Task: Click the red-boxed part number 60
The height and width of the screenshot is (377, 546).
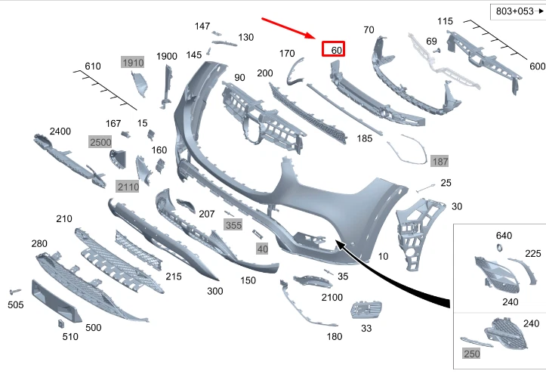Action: coord(334,50)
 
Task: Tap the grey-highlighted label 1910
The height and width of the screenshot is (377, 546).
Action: coord(132,63)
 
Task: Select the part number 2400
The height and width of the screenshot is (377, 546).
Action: coord(60,131)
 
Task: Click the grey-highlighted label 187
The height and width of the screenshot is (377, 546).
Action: coord(440,162)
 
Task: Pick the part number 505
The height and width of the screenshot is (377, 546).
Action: coord(15,305)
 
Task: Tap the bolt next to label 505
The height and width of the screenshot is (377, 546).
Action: coord(14,291)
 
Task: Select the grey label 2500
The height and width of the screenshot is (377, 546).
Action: coord(100,142)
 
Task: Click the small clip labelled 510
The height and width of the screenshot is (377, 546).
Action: coord(62,323)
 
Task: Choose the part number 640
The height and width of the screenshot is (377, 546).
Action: coord(504,235)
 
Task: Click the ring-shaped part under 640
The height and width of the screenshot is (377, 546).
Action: coord(499,249)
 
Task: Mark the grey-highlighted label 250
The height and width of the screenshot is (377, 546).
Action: coord(470,354)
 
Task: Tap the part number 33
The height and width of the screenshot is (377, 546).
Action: coord(366,329)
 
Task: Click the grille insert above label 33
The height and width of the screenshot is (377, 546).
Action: coord(366,310)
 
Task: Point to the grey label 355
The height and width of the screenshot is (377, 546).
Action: coord(233,225)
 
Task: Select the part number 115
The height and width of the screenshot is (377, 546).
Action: coord(446,21)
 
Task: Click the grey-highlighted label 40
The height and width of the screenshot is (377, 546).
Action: coord(262,249)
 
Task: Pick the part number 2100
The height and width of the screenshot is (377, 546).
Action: coord(332,297)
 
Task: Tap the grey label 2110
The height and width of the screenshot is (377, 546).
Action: coord(128,186)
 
